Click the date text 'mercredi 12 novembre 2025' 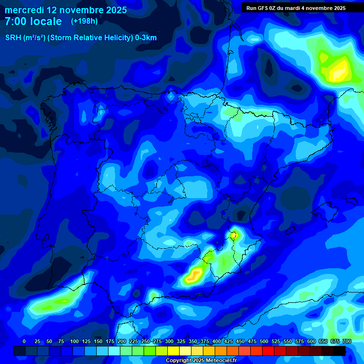(66, 10)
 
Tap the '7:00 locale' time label (33, 21)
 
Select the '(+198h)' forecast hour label (84, 21)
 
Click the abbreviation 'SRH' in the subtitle (13, 38)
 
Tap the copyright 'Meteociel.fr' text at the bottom (218, 361)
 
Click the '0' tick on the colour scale (24, 341)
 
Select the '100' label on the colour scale (74, 341)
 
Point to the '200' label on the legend (121, 341)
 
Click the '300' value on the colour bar (169, 341)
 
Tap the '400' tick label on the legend (216, 341)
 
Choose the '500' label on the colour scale (264, 341)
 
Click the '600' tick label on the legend (311, 341)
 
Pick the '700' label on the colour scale (346, 341)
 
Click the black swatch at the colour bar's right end (339, 351)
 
